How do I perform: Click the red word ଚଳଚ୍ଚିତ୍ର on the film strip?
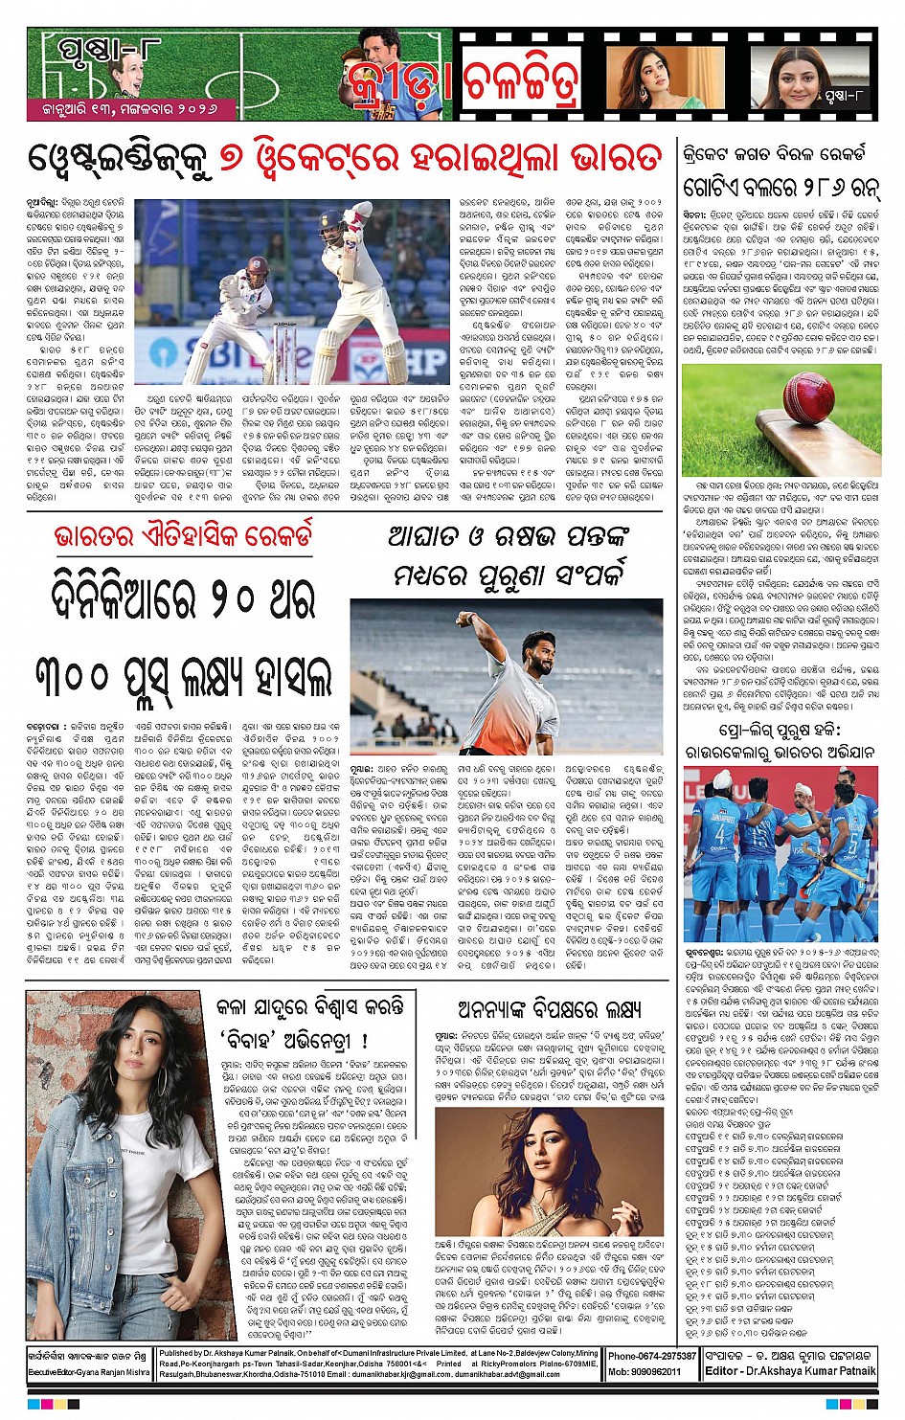520,81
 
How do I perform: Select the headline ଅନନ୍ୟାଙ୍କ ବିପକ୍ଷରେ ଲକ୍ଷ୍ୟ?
549,1009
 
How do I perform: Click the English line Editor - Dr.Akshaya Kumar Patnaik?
790,1371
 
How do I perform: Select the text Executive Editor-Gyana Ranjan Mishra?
88,1372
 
